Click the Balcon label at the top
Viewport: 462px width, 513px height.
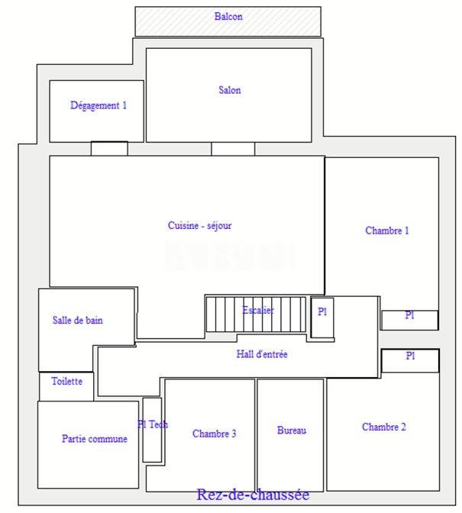tap(228, 16)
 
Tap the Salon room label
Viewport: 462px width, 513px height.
tap(229, 90)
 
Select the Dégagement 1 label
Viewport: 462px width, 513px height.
tap(99, 106)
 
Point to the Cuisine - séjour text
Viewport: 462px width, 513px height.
tap(199, 226)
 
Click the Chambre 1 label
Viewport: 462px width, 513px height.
tap(386, 231)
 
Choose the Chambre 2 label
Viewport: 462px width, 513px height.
tap(383, 427)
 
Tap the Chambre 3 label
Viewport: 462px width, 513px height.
tap(214, 434)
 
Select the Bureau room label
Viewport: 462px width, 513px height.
tap(291, 431)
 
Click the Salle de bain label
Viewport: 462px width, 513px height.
tap(77, 321)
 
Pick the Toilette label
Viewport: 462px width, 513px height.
tap(66, 381)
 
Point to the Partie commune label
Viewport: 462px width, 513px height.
tap(95, 439)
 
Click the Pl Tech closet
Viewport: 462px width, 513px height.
tap(152, 429)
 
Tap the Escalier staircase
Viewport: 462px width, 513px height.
tap(257, 313)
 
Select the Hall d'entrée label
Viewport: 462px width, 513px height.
tap(262, 354)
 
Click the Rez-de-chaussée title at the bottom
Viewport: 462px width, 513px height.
tap(253, 495)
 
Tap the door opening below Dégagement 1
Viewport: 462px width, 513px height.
tap(109, 148)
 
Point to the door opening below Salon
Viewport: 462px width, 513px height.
tap(232, 148)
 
